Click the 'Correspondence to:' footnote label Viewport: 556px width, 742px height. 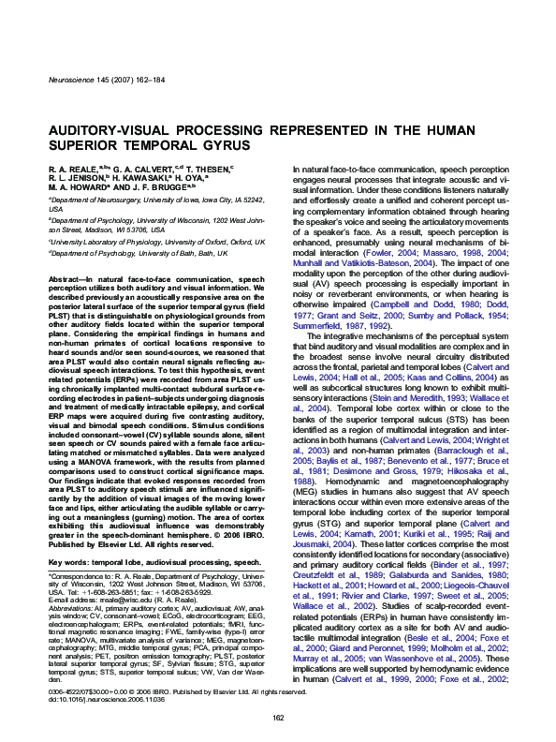point(76,554)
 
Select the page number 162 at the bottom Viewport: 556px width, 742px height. point(277,718)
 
